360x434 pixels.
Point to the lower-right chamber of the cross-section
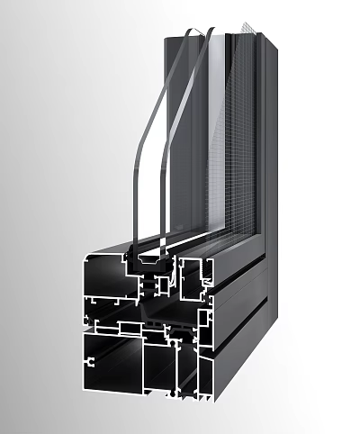click(x=202, y=383)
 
